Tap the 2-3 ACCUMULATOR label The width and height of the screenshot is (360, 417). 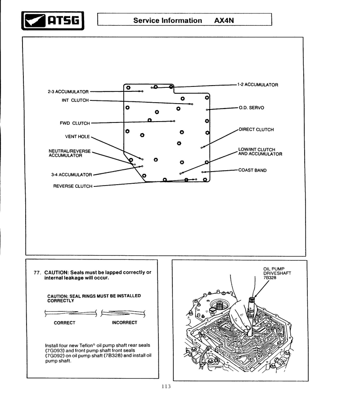click(x=68, y=92)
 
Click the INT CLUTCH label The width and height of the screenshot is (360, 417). click(x=75, y=100)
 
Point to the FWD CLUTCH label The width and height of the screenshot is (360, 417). click(x=75, y=123)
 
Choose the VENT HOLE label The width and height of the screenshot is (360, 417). click(x=77, y=136)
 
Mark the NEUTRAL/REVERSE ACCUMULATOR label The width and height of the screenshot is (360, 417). click(x=70, y=153)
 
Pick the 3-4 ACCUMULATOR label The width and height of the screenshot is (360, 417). click(x=71, y=175)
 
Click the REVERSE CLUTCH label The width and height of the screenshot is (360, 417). click(x=73, y=186)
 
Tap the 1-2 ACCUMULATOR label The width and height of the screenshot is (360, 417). click(x=258, y=85)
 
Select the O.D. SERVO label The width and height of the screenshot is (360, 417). click(x=251, y=108)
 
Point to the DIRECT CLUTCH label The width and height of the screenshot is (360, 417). click(x=256, y=130)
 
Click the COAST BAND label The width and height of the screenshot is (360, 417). click(x=252, y=170)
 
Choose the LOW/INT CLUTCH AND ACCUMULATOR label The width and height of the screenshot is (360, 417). click(x=260, y=152)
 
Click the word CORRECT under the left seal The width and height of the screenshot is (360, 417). click(x=65, y=323)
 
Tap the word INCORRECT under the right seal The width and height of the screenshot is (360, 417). click(x=125, y=323)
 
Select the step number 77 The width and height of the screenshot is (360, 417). click(x=37, y=273)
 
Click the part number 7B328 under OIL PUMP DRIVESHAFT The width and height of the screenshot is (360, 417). click(x=270, y=277)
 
